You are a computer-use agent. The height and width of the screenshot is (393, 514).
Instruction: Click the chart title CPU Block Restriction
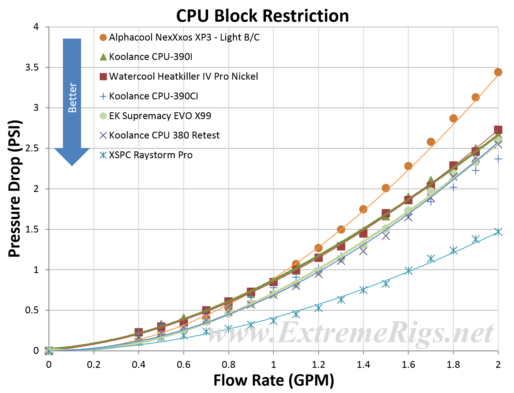point(262,16)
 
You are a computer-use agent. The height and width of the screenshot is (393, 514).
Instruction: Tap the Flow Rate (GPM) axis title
point(274,380)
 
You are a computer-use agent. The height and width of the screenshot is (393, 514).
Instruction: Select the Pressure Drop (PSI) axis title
point(15,189)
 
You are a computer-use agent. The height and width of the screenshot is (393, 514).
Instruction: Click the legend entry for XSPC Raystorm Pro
point(151,155)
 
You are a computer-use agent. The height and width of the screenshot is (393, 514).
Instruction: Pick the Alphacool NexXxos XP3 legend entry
point(184,37)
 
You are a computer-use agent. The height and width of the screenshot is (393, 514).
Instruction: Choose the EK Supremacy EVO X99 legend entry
point(160,116)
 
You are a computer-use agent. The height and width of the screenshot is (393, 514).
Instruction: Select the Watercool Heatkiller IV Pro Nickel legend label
point(183,77)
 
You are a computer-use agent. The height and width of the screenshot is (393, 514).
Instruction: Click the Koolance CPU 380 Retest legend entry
point(164,135)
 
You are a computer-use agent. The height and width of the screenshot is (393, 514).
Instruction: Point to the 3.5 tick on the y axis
point(32,67)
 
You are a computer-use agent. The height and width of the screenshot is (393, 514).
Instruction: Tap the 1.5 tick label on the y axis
point(32,229)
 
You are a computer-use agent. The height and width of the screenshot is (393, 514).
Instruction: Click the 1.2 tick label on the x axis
point(318,365)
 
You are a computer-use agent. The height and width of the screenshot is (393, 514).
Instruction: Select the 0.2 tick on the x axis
point(94,365)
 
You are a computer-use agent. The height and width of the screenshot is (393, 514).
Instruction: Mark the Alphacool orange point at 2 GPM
point(498,72)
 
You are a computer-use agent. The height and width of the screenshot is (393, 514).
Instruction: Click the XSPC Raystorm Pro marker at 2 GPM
point(498,232)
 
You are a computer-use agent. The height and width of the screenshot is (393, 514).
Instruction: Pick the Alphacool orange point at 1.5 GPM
point(386,188)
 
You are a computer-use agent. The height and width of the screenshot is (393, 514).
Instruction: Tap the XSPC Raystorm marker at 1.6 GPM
point(408,270)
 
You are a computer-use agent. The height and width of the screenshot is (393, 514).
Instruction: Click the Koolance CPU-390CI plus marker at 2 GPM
point(498,159)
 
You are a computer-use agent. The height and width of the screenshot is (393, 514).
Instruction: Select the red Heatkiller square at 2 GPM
point(498,130)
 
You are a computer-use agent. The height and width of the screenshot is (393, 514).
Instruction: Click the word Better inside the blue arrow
point(72,98)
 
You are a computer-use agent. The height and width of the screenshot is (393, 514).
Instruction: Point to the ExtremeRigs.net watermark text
point(351,333)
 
